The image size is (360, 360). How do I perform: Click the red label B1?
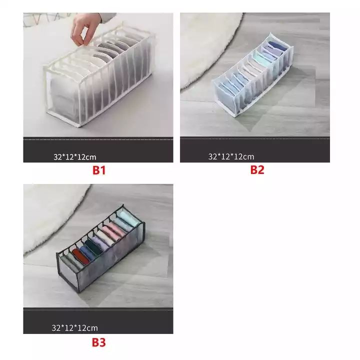[x=98, y=170]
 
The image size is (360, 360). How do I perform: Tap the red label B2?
[x=257, y=170]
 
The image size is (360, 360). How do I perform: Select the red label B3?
[x=98, y=342]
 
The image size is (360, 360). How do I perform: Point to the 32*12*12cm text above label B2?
[x=231, y=156]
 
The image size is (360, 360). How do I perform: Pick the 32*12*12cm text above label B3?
[x=74, y=328]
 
